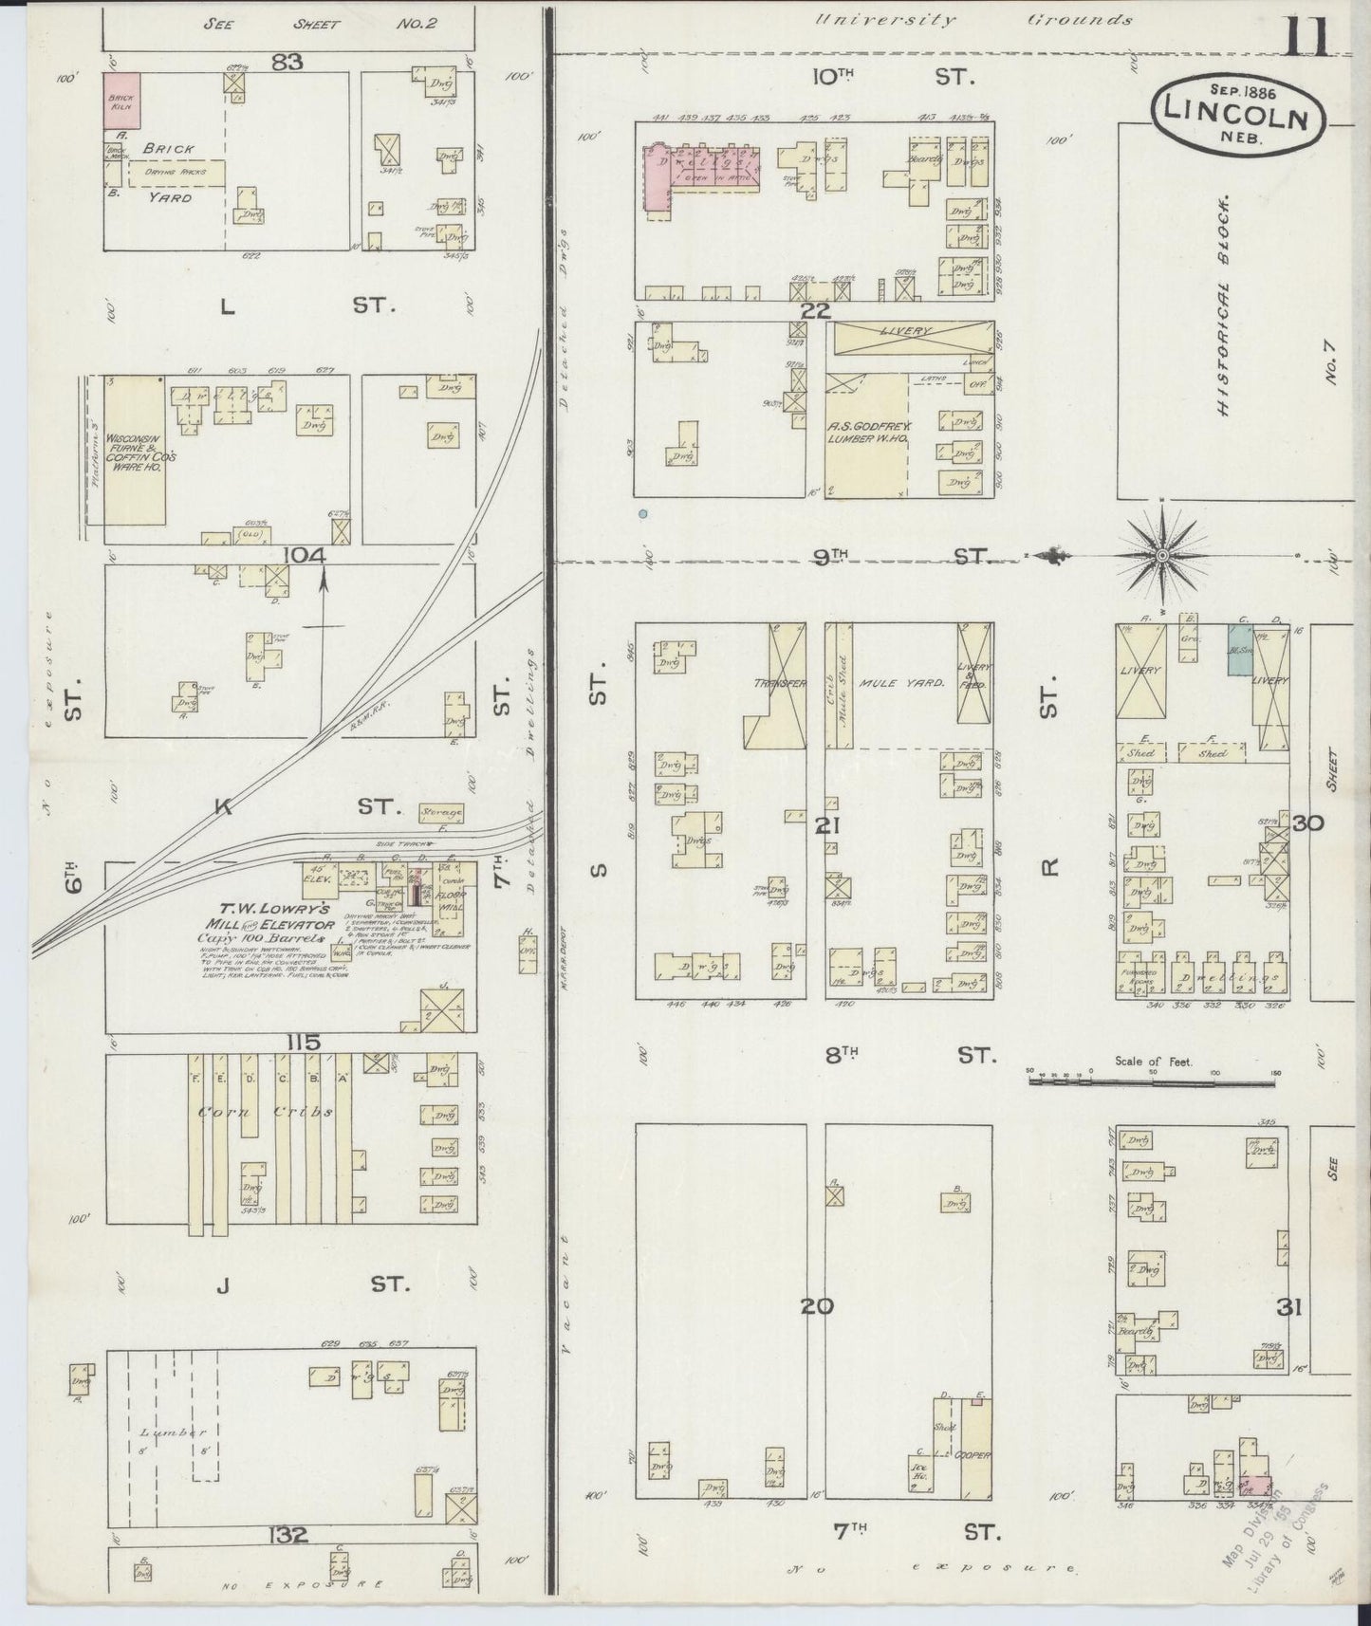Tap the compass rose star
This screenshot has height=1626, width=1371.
click(1162, 554)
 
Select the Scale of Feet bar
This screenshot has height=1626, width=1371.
click(1154, 1080)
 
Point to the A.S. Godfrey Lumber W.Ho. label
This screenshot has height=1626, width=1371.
click(862, 432)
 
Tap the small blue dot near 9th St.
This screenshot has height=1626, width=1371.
click(643, 514)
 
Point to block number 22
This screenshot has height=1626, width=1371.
click(815, 310)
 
